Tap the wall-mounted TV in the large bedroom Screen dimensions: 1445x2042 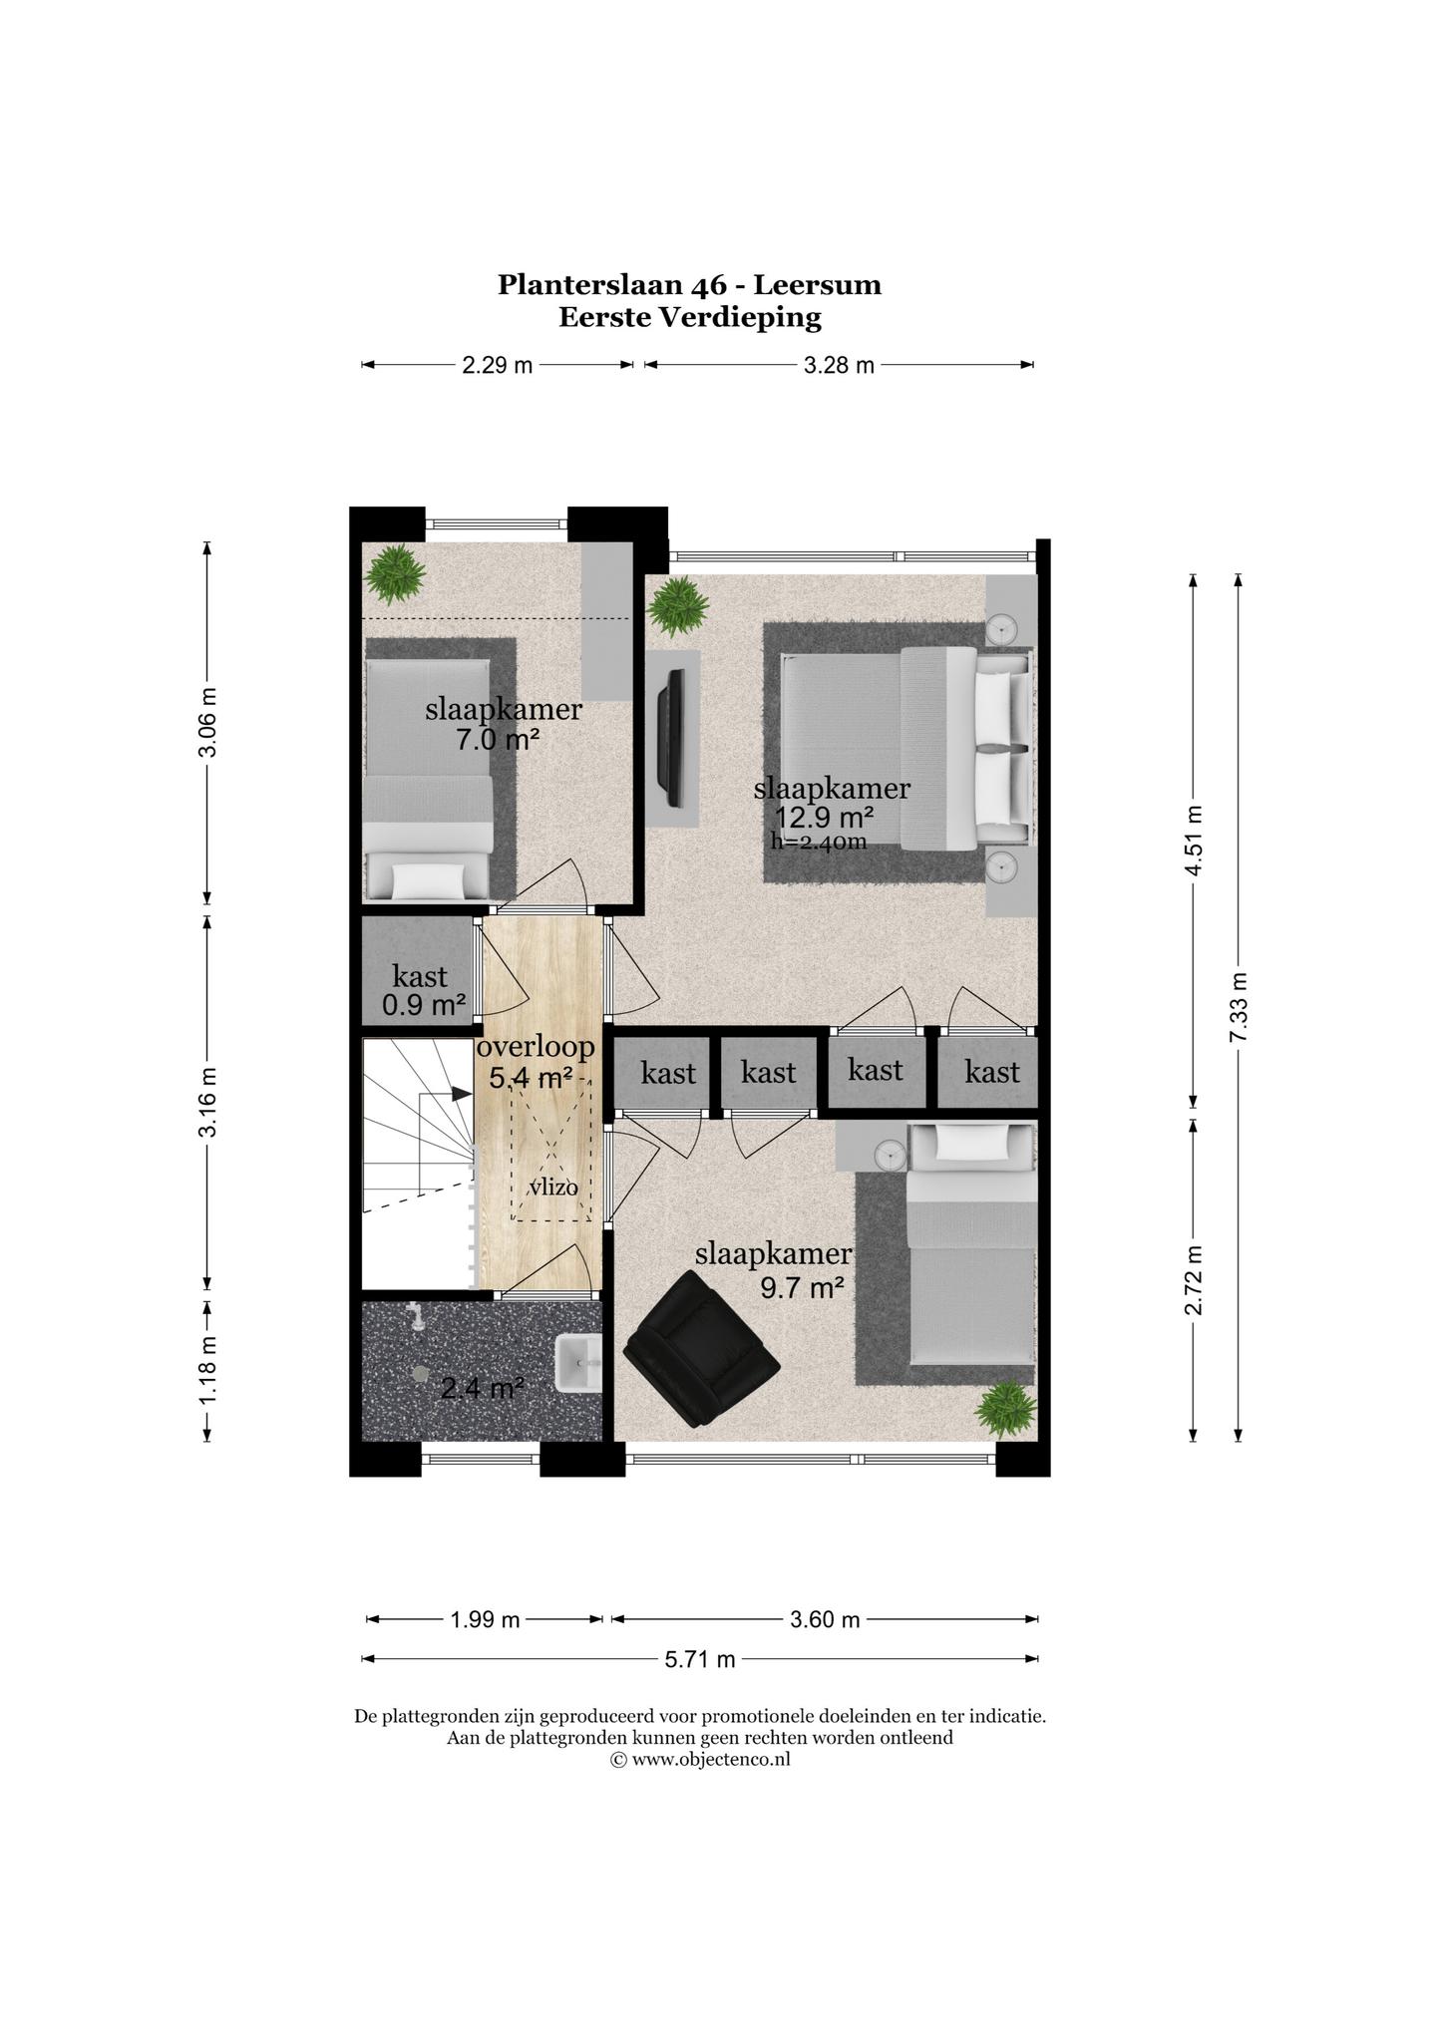pos(675,738)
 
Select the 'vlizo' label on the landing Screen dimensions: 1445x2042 pos(553,1188)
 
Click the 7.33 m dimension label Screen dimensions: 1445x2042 pos(1239,1007)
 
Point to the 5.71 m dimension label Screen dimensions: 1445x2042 pos(700,1659)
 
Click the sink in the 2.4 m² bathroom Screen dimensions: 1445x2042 pos(578,1363)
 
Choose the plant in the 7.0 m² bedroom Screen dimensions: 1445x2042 pos(395,574)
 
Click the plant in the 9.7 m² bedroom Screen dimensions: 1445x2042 pos(1006,1408)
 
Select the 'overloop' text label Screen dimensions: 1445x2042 pos(537,1047)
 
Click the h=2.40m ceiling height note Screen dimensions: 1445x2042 pos(819,842)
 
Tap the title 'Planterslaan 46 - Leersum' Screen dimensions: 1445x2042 pos(690,285)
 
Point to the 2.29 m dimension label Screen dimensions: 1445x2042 pos(498,365)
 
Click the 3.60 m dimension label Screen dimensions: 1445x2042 pos(825,1619)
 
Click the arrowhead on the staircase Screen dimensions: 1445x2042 pos(462,1093)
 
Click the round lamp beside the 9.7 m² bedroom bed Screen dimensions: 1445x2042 pos(890,1156)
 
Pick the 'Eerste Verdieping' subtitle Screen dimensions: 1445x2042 pos(690,318)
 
